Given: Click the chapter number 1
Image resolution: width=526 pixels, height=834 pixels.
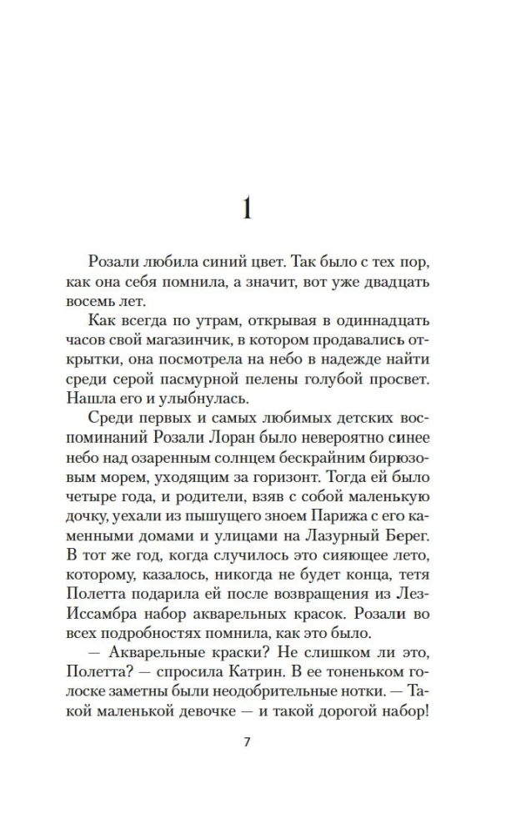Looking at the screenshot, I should pyautogui.click(x=246, y=208).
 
